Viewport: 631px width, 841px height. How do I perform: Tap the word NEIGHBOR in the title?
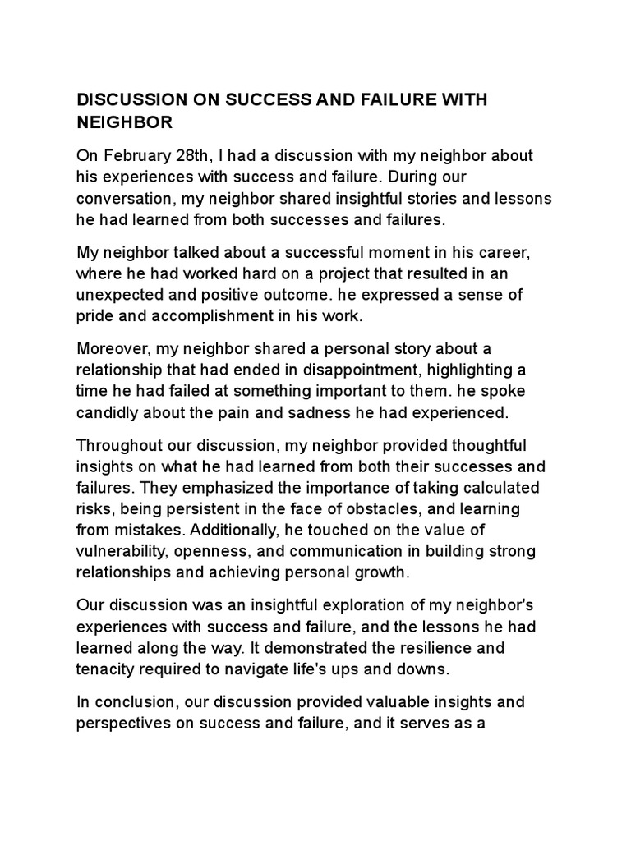pos(124,122)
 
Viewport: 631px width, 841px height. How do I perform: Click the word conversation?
pos(124,199)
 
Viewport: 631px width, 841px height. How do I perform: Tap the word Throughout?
pos(117,445)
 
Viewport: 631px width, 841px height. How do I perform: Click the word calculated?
pos(500,488)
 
